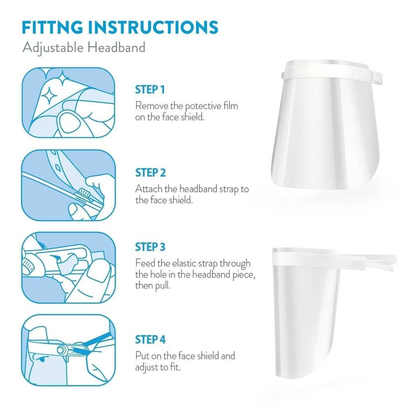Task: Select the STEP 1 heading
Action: [150, 89]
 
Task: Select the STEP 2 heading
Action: [150, 173]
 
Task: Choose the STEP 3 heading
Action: [150, 247]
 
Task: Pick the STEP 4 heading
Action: [150, 339]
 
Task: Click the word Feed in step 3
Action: [144, 263]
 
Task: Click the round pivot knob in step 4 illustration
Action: [62, 349]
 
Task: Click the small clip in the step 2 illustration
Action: [84, 193]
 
